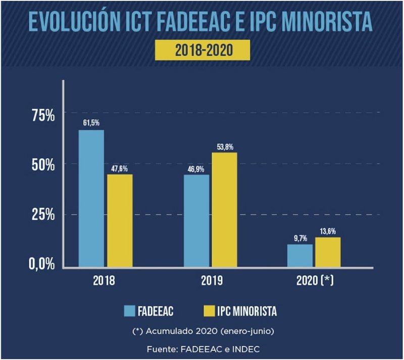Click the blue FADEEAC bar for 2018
click(x=91, y=198)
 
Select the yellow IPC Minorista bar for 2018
click(x=120, y=220)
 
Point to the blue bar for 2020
click(x=300, y=255)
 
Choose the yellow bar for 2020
click(x=328, y=252)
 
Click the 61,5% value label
click(x=91, y=123)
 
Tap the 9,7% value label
click(x=300, y=237)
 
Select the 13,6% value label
click(x=328, y=231)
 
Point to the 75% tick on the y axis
click(x=43, y=116)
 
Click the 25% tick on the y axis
click(x=43, y=215)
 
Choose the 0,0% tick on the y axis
click(x=41, y=264)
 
